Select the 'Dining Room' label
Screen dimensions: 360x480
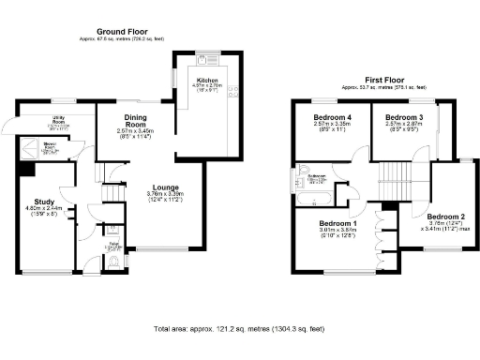coord(137,120)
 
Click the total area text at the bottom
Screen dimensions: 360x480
coord(239,329)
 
